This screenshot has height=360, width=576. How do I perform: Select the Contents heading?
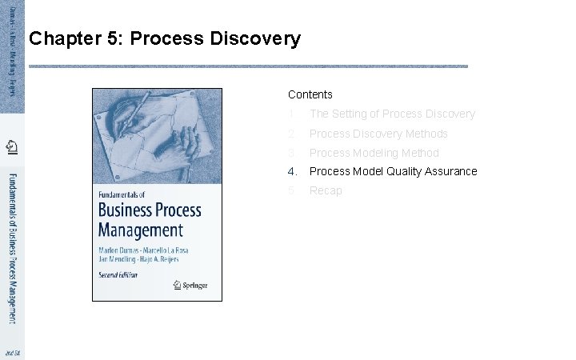(310, 94)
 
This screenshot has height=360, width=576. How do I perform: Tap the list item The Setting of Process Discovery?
(392, 114)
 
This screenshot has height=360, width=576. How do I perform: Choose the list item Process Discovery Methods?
(378, 134)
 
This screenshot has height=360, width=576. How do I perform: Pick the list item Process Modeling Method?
(374, 153)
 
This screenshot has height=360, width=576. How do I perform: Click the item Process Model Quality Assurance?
(393, 171)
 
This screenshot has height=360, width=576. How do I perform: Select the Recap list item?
(326, 190)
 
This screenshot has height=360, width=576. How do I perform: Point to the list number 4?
(293, 171)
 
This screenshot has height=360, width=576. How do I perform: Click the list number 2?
(293, 134)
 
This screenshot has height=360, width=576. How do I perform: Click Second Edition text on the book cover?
(118, 274)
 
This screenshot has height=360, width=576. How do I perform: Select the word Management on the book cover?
(141, 230)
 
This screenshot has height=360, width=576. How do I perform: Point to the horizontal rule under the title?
(248, 66)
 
